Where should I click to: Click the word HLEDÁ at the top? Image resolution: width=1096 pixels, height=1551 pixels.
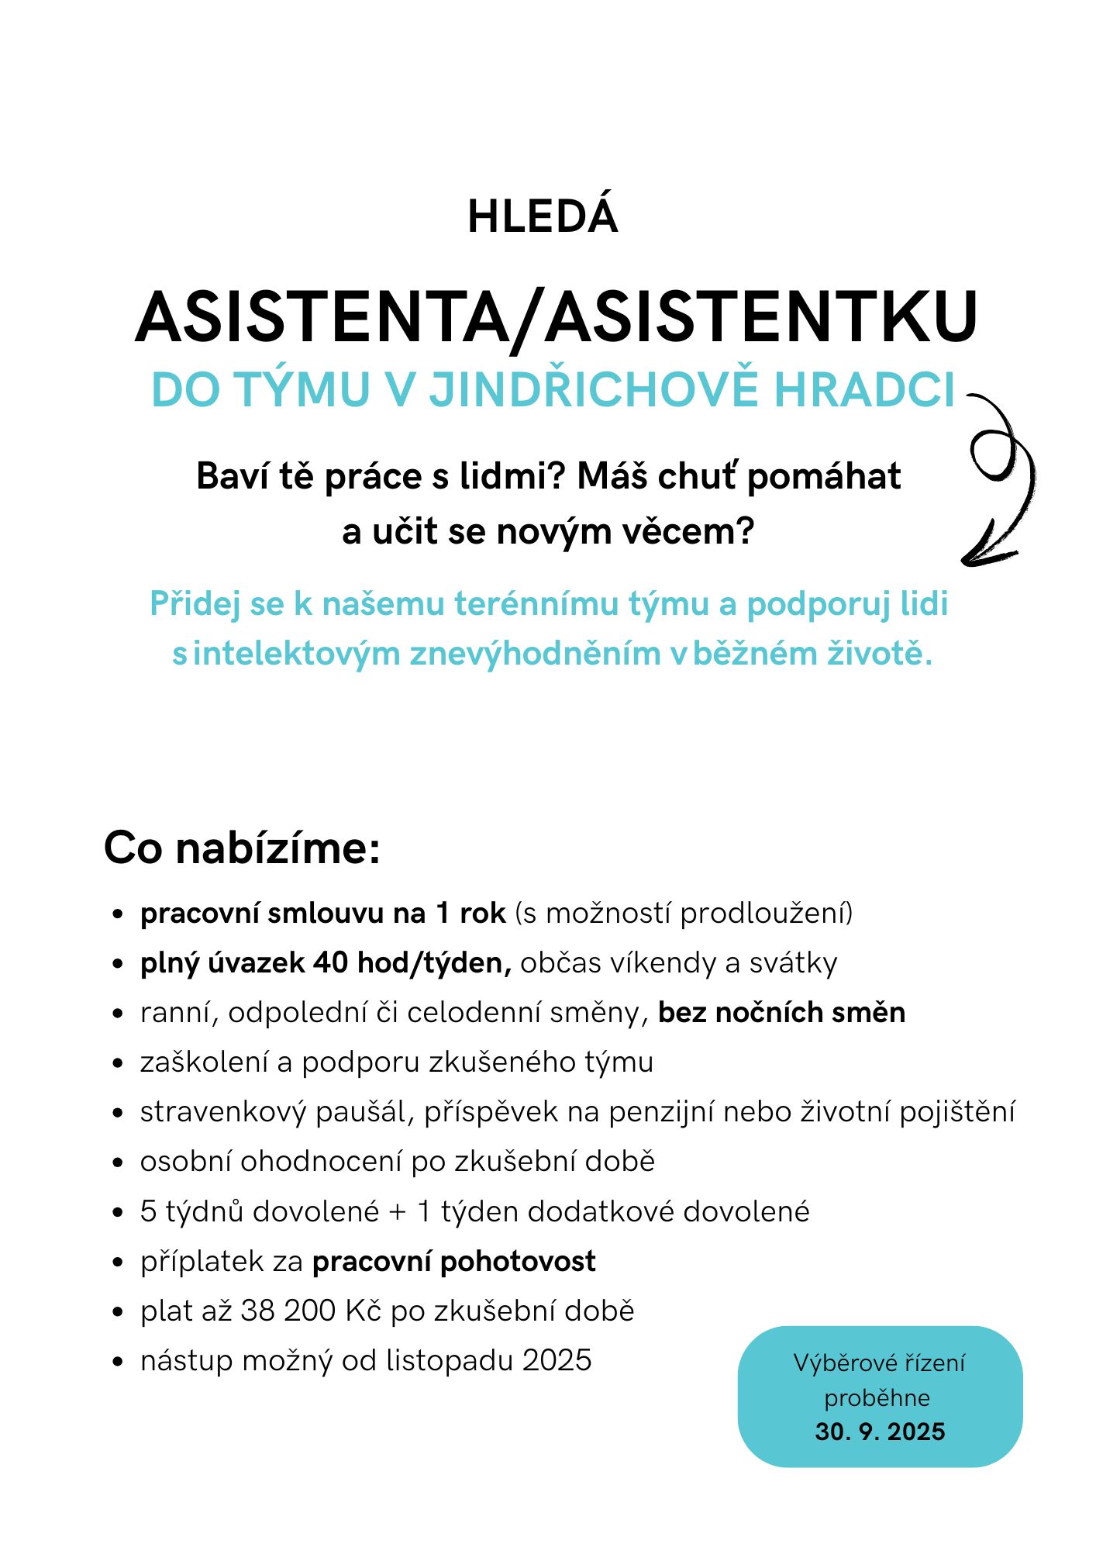[543, 216]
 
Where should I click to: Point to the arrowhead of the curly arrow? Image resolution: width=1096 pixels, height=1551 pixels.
[970, 558]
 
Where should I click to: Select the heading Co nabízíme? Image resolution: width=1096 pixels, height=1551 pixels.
[242, 848]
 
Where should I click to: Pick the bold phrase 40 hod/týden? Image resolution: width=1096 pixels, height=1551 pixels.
[412, 962]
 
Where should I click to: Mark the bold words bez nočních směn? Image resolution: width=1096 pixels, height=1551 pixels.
[781, 1012]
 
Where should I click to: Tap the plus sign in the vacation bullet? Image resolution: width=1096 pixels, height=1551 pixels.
[398, 1211]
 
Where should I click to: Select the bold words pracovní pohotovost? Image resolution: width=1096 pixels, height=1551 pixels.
[453, 1261]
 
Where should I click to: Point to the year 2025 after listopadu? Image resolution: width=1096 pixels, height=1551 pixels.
[557, 1360]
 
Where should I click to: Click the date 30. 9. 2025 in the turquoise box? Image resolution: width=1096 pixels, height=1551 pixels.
[880, 1432]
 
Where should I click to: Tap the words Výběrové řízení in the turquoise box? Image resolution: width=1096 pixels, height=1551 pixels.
[880, 1363]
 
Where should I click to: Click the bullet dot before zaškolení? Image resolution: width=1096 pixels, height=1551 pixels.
[118, 1062]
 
